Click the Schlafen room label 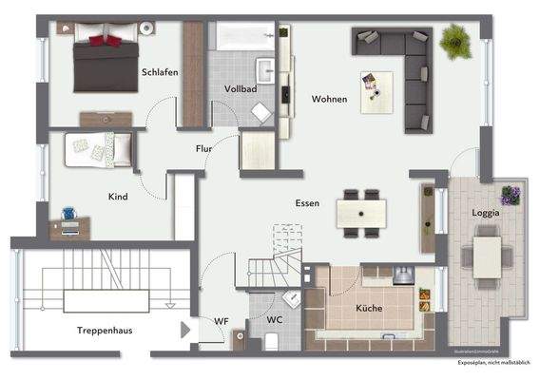[160, 72]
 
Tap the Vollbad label [241, 88]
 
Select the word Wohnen [329, 99]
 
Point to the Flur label [203, 149]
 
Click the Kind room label [119, 196]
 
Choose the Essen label [306, 202]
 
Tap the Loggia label [486, 214]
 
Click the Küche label [369, 310]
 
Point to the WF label [221, 320]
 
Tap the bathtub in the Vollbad [243, 37]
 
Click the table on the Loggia [487, 254]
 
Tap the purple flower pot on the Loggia [511, 196]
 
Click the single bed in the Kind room [98, 148]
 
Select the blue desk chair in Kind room [69, 216]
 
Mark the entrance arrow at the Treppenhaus [185, 331]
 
